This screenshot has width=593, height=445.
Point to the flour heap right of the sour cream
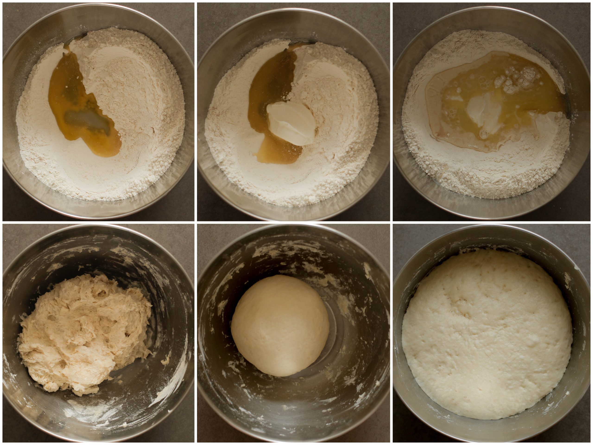coord(346,113)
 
